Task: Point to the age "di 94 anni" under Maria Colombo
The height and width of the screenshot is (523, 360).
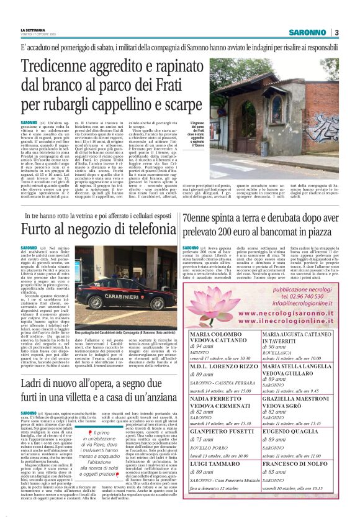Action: (202, 345)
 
